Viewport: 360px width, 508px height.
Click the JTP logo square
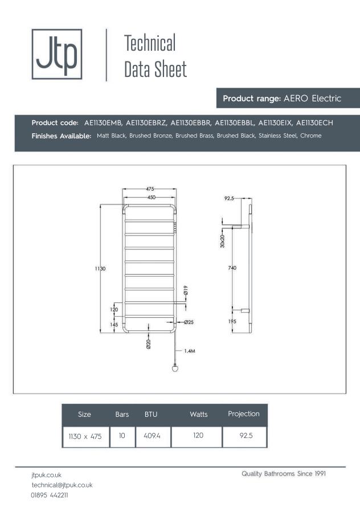[56, 54]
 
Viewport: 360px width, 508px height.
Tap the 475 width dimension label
[150, 189]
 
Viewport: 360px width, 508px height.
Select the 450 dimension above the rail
[150, 197]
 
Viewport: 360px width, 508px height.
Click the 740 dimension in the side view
[232, 268]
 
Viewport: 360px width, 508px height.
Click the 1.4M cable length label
[190, 351]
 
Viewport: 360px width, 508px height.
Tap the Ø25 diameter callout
[189, 322]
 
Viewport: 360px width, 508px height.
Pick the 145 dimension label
[114, 325]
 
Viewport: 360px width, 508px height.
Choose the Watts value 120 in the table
[198, 436]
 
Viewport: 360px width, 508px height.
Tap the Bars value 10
[122, 436]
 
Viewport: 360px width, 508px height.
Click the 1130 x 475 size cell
[85, 436]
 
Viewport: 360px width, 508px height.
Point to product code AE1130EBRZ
[146, 122]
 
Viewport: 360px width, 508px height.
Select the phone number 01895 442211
[50, 495]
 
